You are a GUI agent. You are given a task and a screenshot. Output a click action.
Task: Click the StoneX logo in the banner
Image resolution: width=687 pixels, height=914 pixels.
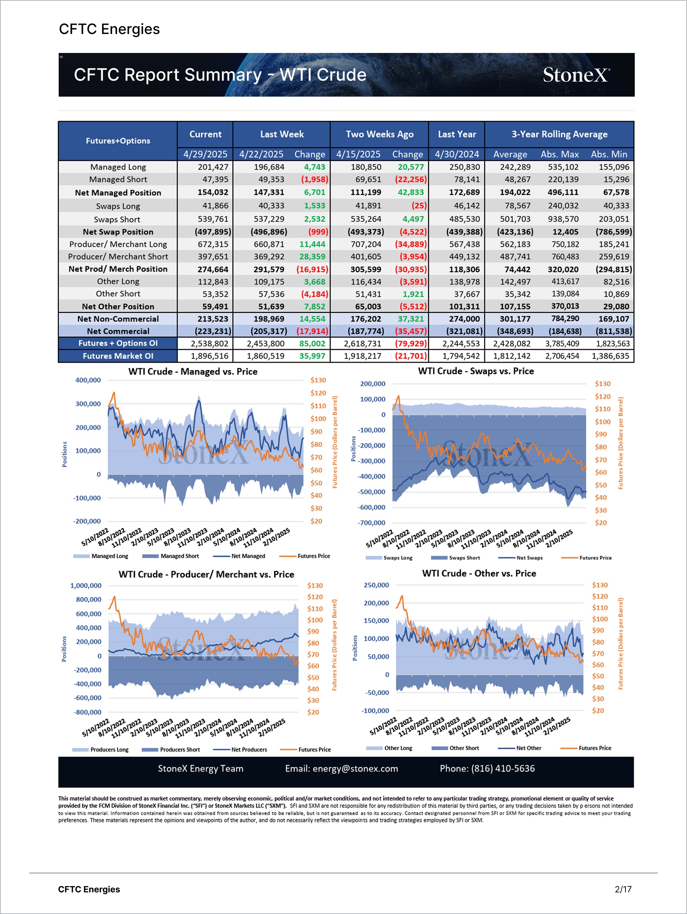(576, 75)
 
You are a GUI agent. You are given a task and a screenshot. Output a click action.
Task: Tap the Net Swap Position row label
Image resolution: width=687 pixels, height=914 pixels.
(118, 232)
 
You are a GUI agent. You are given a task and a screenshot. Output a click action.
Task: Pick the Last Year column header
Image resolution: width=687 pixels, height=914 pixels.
(457, 134)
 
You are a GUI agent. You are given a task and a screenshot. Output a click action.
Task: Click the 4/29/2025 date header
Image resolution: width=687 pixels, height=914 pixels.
(205, 154)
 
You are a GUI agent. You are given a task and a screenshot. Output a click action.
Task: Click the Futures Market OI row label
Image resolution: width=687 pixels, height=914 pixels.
(118, 356)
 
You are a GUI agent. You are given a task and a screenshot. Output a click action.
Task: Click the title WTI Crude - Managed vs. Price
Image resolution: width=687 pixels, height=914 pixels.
(193, 371)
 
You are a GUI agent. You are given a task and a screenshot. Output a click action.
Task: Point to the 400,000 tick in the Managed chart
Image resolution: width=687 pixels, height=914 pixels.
(88, 380)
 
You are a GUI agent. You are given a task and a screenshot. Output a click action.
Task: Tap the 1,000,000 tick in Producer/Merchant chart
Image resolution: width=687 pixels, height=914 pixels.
(86, 585)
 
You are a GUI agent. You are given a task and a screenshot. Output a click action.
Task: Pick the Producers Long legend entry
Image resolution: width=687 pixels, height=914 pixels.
(109, 749)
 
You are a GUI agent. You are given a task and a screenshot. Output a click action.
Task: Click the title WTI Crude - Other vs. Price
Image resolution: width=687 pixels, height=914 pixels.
(479, 574)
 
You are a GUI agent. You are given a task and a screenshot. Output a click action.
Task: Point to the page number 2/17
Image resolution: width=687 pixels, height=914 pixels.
(623, 889)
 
